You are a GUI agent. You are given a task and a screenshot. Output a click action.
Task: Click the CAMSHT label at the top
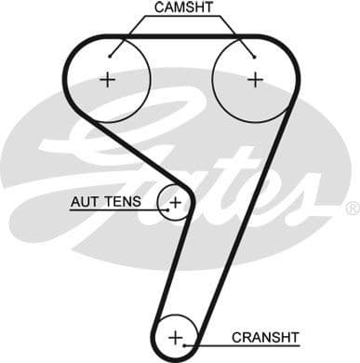(183, 8)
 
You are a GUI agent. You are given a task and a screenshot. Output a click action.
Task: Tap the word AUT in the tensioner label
(86, 201)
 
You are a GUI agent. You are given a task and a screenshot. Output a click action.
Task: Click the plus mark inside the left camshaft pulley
(109, 79)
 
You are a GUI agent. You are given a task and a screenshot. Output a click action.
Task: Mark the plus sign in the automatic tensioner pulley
(174, 201)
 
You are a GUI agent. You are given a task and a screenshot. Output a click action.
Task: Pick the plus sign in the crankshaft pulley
(176, 335)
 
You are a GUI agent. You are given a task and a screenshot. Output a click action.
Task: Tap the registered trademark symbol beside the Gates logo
(352, 208)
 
